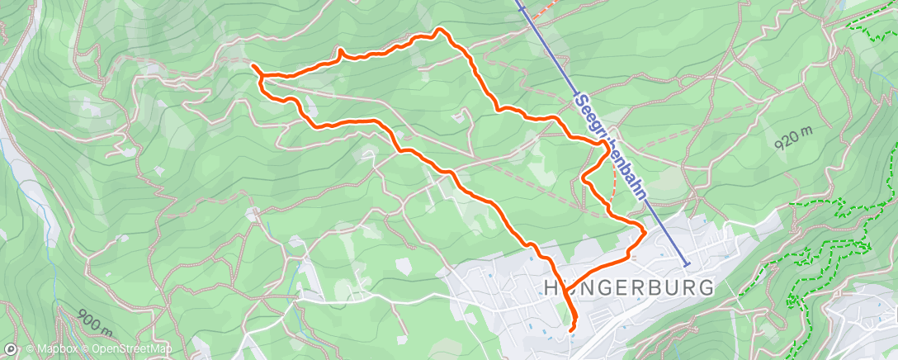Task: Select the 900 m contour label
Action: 95,320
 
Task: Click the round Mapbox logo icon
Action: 12,350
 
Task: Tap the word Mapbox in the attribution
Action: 54,350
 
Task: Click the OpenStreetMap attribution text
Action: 131,350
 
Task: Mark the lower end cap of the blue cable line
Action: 688,263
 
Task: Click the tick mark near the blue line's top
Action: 522,9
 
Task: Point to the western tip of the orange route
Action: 253,66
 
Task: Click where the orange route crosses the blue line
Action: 608,145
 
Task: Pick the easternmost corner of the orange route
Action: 644,227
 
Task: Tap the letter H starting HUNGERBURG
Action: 551,288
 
